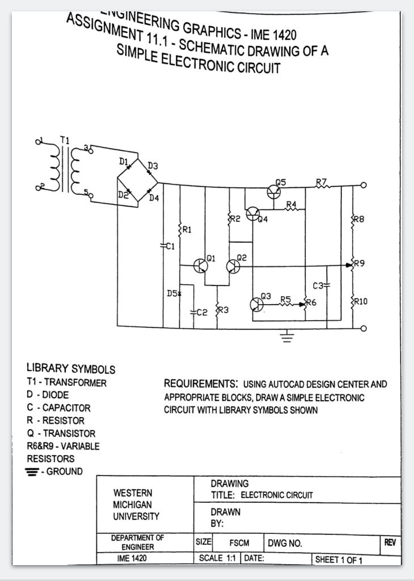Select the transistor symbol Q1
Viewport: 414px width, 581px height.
(200, 266)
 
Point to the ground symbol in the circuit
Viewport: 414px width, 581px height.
(288, 339)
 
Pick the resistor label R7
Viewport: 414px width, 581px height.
(322, 182)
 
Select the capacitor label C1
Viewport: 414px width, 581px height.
(168, 246)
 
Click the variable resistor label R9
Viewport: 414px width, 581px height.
(360, 263)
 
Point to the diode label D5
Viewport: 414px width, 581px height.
(172, 293)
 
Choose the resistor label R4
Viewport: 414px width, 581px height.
(292, 204)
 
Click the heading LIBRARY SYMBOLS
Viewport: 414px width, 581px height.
(71, 369)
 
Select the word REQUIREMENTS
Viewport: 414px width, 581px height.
(200, 384)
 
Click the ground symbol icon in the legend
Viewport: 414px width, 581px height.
(35, 471)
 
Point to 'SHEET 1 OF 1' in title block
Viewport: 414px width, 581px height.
(339, 560)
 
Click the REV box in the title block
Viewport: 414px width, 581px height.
(390, 542)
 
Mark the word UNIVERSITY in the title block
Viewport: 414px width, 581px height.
(137, 516)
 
